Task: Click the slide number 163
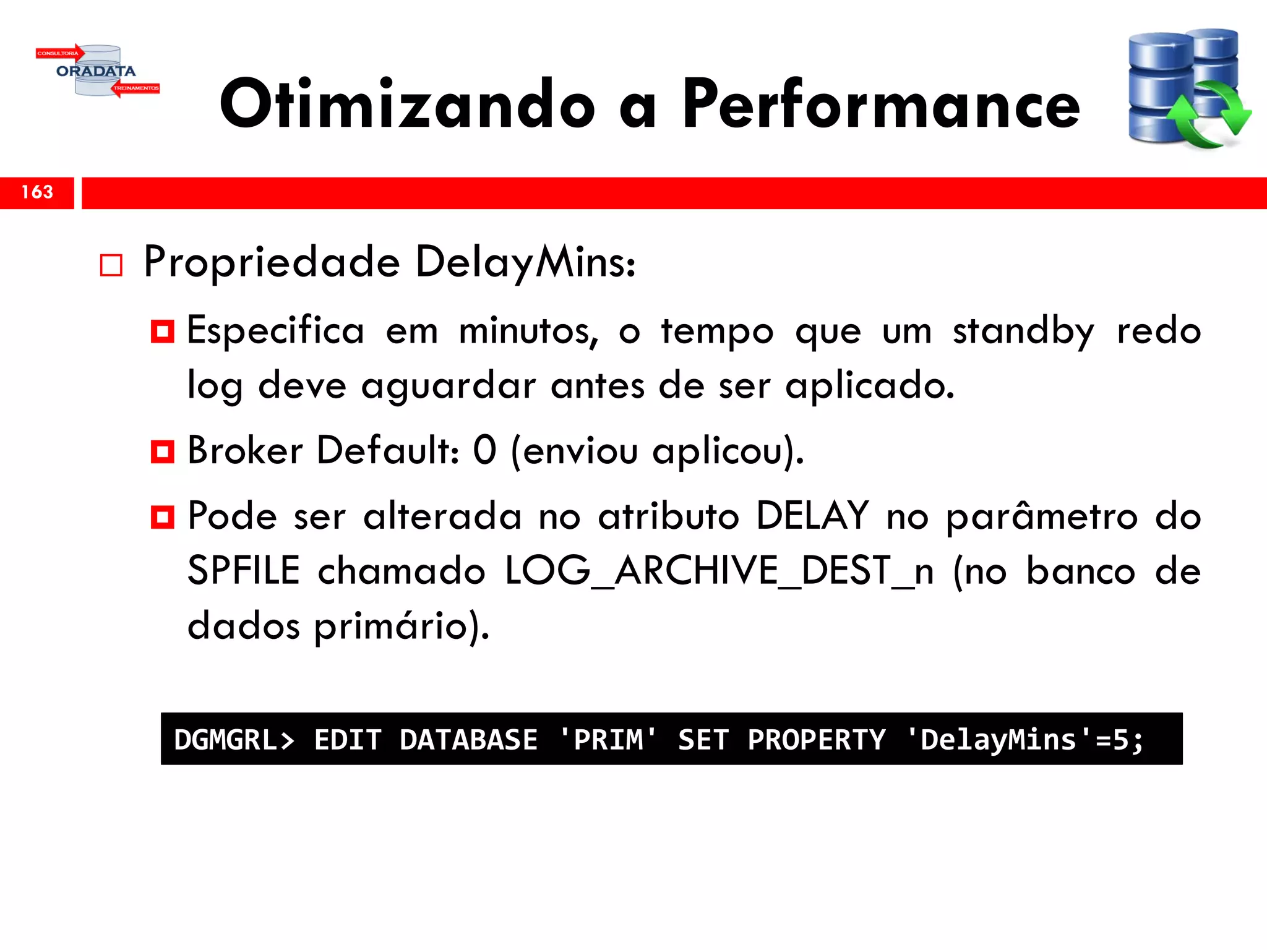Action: (37, 192)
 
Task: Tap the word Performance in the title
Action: (881, 105)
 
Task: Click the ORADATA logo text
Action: (96, 71)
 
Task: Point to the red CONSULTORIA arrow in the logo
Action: (59, 53)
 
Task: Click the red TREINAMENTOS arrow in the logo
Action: (135, 88)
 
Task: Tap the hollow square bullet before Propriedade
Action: (111, 265)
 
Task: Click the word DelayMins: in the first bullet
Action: (525, 262)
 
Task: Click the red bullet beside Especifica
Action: (163, 332)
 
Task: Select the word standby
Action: (1023, 332)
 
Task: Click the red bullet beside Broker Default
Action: (163, 451)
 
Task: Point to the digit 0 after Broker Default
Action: (484, 450)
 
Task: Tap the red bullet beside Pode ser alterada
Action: (163, 516)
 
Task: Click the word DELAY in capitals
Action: (812, 515)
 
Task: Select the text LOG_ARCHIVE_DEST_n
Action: (719, 570)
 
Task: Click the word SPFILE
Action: (243, 570)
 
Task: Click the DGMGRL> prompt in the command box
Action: (234, 740)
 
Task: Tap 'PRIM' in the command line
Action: (608, 739)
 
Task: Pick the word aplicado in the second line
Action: (869, 387)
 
